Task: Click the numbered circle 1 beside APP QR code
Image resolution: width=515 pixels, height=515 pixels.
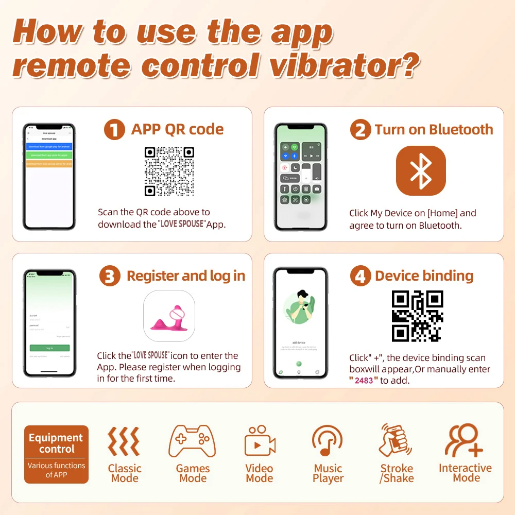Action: point(114,129)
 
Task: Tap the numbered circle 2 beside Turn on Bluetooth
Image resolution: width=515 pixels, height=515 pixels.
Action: point(360,130)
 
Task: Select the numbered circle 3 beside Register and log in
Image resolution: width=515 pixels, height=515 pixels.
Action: point(110,276)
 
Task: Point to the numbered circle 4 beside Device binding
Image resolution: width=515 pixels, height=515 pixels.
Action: point(360,276)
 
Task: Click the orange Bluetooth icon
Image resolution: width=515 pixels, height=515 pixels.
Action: point(421,170)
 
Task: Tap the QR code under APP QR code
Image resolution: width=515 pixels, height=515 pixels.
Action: point(169,171)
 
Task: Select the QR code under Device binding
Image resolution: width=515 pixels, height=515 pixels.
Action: point(417,316)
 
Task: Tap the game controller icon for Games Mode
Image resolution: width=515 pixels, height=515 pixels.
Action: point(193,441)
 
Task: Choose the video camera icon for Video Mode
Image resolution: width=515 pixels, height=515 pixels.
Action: point(260,442)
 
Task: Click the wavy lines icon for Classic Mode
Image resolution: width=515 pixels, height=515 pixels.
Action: point(124,441)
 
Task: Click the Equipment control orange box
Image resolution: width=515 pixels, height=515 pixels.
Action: point(56,454)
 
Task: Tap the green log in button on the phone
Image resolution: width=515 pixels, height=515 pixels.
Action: point(49,348)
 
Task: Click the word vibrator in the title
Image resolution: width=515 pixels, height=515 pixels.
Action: point(345,66)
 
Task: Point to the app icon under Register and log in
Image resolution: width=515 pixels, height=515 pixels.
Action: point(169,316)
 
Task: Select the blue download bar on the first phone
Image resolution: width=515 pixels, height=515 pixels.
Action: point(49,147)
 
